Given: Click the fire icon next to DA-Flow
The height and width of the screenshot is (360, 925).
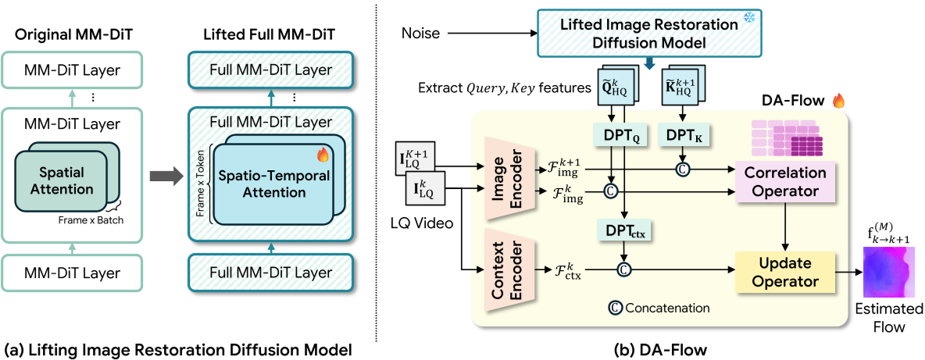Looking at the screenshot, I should pyautogui.click(x=839, y=101).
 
